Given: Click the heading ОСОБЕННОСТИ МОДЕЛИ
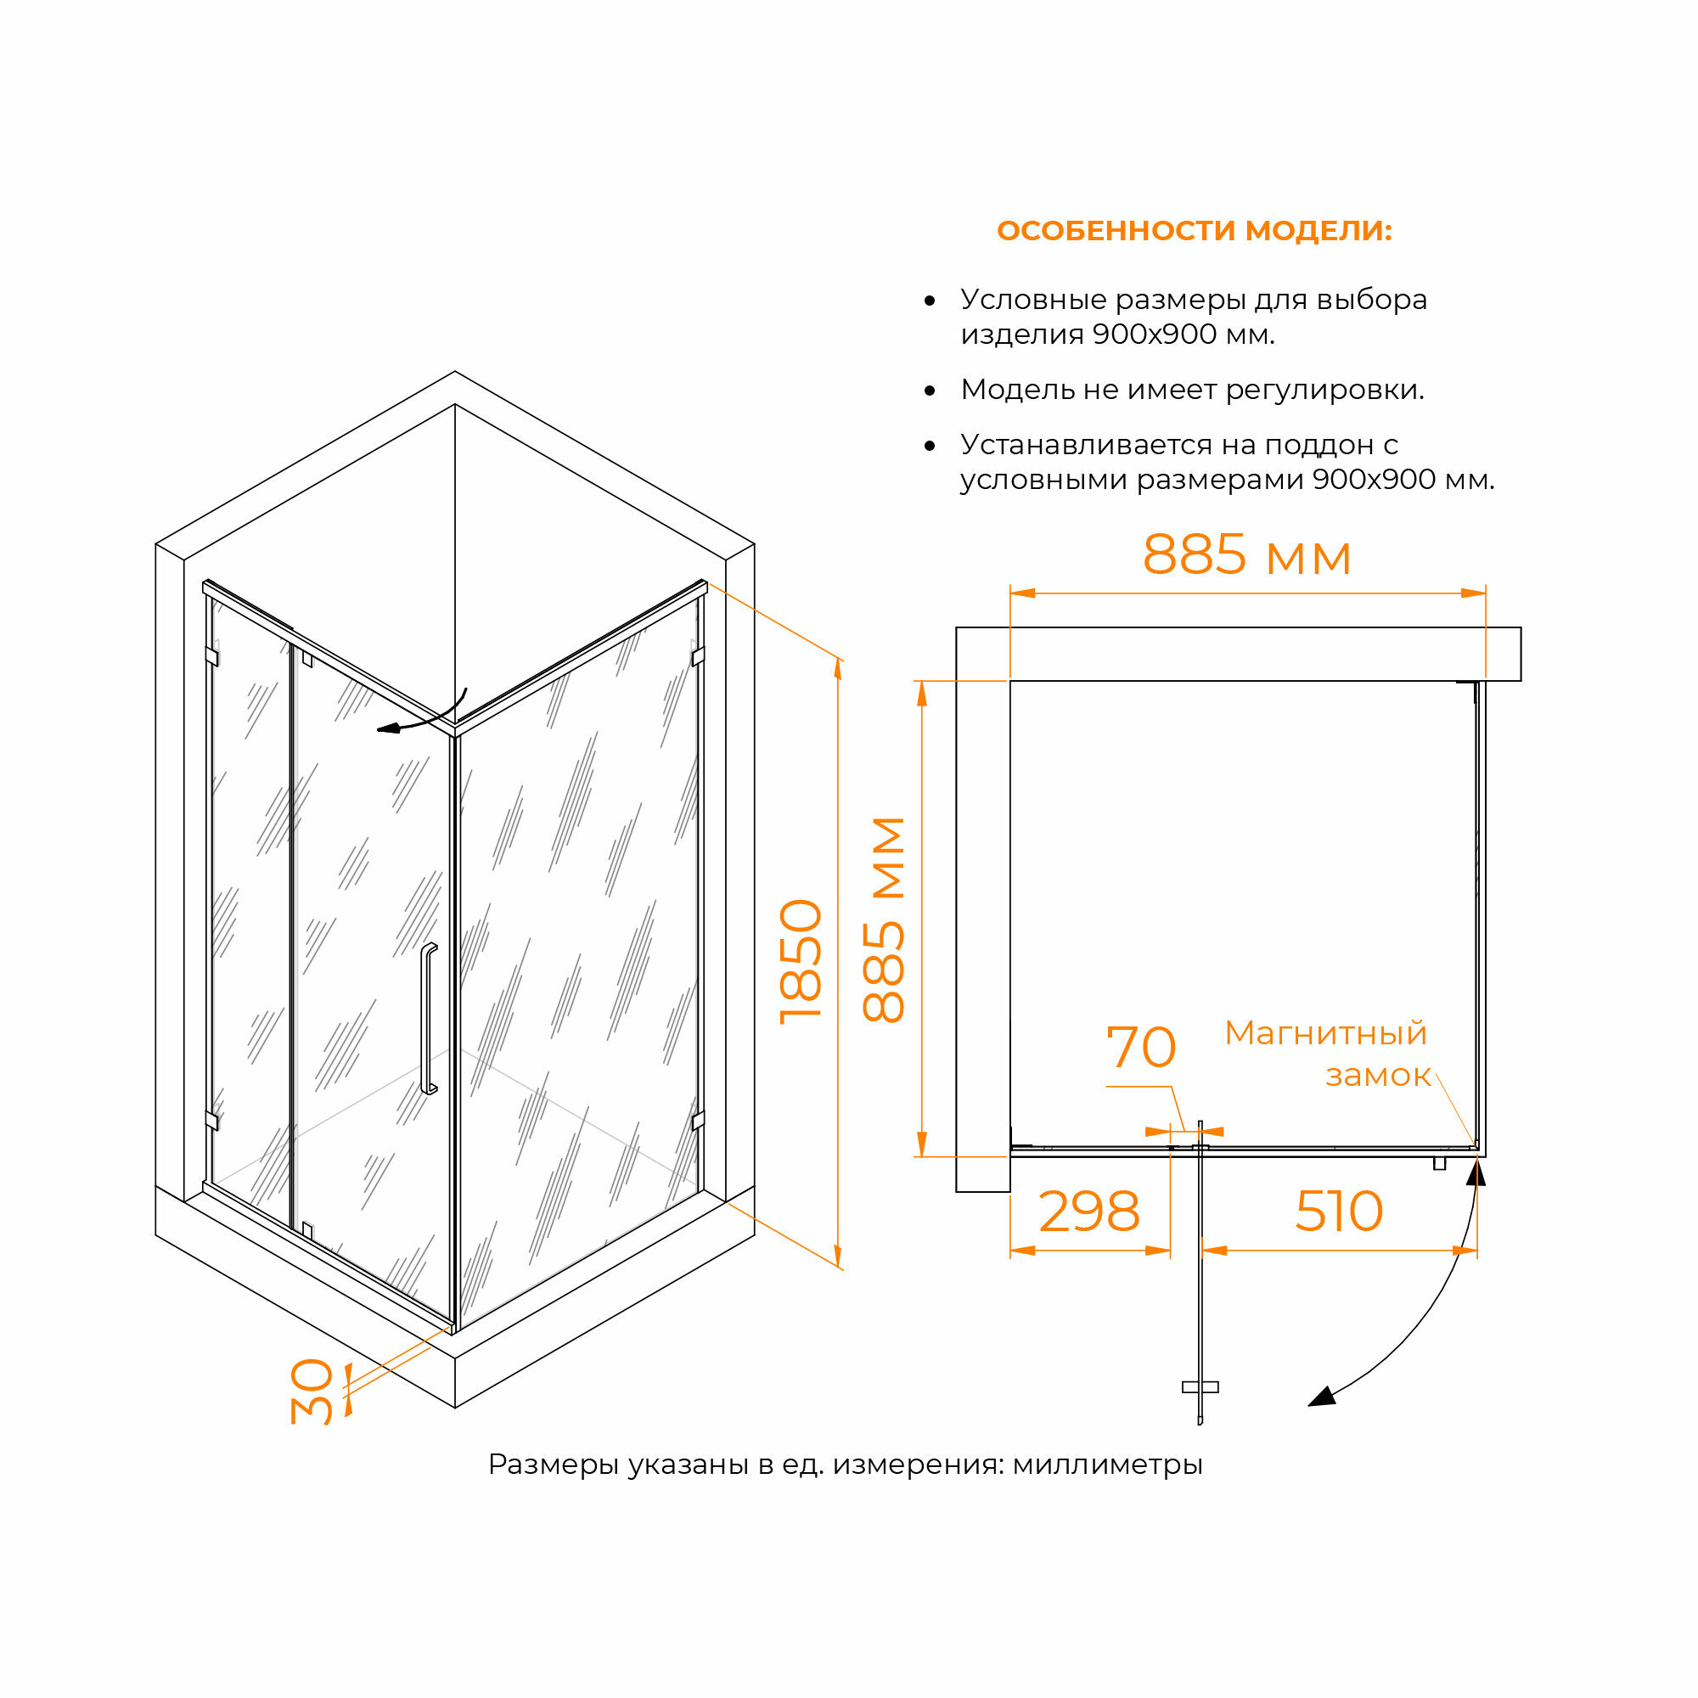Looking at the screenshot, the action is pyautogui.click(x=1194, y=231).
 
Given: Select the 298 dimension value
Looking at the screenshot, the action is pyautogui.click(x=1089, y=1213).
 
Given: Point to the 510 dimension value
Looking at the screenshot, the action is pyautogui.click(x=1339, y=1213).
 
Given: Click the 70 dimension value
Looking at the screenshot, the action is pyautogui.click(x=1140, y=1048).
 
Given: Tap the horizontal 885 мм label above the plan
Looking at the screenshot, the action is pyautogui.click(x=1246, y=555).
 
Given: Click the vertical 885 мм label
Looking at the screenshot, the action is pyautogui.click(x=884, y=919).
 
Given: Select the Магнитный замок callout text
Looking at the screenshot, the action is pyautogui.click(x=1327, y=1054).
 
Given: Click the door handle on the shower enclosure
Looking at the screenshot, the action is pyautogui.click(x=428, y=1019).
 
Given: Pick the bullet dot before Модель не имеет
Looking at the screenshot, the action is pyautogui.click(x=930, y=391).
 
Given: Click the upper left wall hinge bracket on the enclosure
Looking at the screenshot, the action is pyautogui.click(x=211, y=656).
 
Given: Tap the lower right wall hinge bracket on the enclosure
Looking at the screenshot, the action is pyautogui.click(x=698, y=1120).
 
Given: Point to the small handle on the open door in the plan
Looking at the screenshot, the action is pyautogui.click(x=1200, y=1387).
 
